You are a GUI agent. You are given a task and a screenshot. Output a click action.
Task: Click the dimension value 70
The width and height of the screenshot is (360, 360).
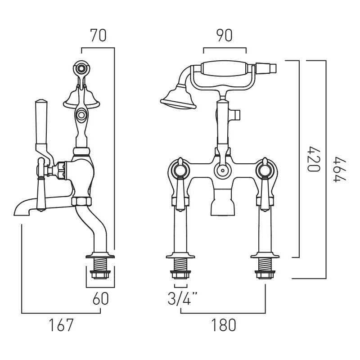[x=98, y=36]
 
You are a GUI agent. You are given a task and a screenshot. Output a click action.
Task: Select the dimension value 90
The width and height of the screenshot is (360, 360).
[x=225, y=36]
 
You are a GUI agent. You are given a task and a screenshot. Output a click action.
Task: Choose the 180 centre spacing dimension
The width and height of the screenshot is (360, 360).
[x=223, y=324]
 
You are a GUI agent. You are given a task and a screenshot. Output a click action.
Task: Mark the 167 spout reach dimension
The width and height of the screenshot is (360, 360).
[x=61, y=324]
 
